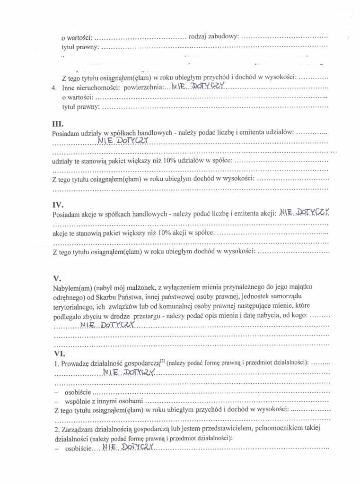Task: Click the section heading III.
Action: click(57, 124)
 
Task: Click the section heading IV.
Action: click(57, 205)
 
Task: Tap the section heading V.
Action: click(57, 278)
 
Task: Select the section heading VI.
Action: click(60, 353)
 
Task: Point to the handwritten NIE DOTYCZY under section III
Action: click(123, 140)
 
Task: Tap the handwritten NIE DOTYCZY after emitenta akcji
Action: click(305, 213)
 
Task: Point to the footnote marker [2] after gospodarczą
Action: click(162, 361)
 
